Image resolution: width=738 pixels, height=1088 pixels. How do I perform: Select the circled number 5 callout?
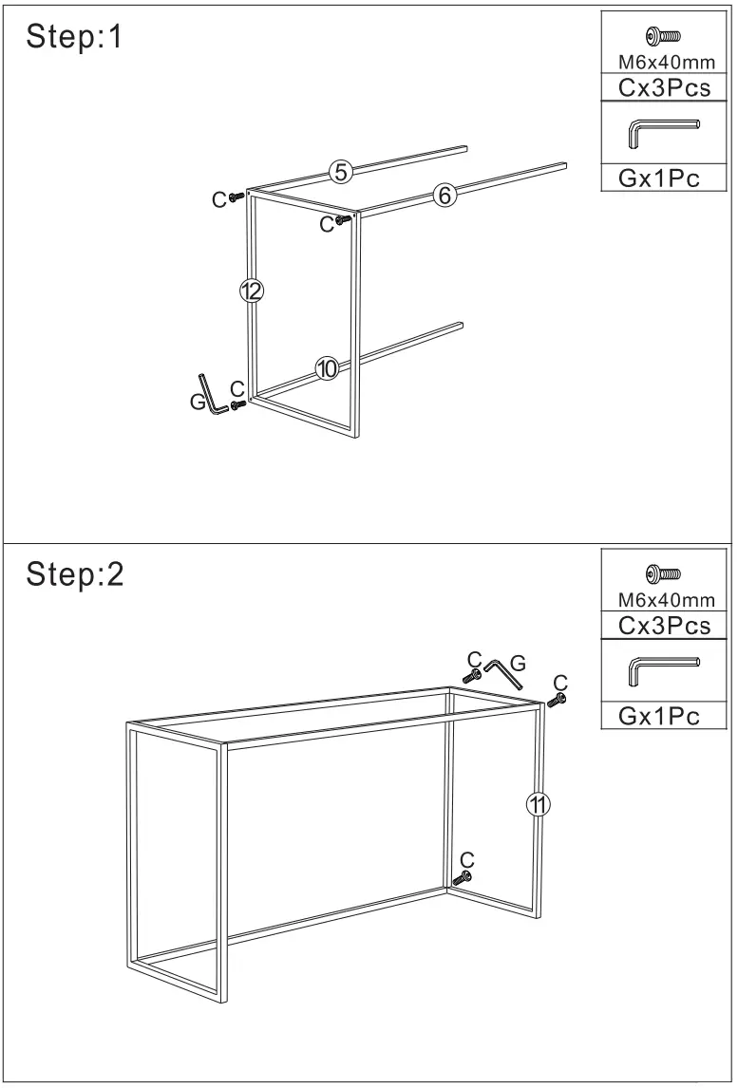point(340,172)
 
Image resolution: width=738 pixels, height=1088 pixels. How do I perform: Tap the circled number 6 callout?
point(444,196)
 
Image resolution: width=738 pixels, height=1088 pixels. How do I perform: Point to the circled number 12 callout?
point(251,292)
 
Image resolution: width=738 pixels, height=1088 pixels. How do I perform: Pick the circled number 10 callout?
point(327,369)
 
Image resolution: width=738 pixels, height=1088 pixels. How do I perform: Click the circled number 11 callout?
point(539,805)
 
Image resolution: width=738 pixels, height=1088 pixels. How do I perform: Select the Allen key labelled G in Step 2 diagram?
point(504,676)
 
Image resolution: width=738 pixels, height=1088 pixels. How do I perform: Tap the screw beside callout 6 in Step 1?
point(344,220)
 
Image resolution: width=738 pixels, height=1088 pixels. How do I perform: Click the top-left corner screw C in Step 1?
point(236,197)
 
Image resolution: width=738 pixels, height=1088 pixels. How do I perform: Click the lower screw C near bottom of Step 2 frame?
point(463,879)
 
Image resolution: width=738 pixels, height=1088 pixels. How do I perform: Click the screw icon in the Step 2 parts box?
point(661,574)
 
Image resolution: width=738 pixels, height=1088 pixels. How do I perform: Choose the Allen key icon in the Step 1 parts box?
point(663,133)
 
